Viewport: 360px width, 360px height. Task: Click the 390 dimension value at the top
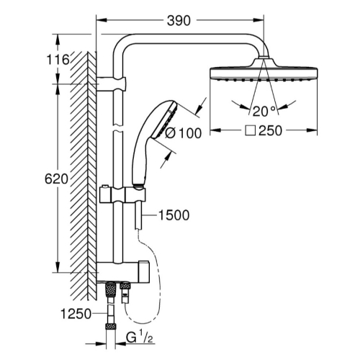[179, 21]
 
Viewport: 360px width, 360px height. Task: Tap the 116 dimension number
[58, 60]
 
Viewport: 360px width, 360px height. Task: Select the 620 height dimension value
[56, 179]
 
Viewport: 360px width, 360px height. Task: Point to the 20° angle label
[264, 111]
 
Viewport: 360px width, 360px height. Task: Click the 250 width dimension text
[270, 131]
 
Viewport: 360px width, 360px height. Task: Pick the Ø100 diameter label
[184, 133]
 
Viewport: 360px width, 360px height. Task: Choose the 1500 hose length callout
[174, 215]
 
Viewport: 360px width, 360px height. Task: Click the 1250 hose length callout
[76, 314]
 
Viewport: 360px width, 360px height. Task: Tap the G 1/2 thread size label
[140, 338]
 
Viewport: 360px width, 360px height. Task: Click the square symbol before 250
[250, 131]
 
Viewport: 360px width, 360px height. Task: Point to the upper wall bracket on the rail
[111, 84]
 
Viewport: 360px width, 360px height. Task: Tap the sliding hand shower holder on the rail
[122, 194]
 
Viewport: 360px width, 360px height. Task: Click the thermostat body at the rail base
[123, 271]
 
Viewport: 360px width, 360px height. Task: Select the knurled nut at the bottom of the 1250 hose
[111, 327]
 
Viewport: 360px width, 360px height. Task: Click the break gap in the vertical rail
[117, 128]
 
